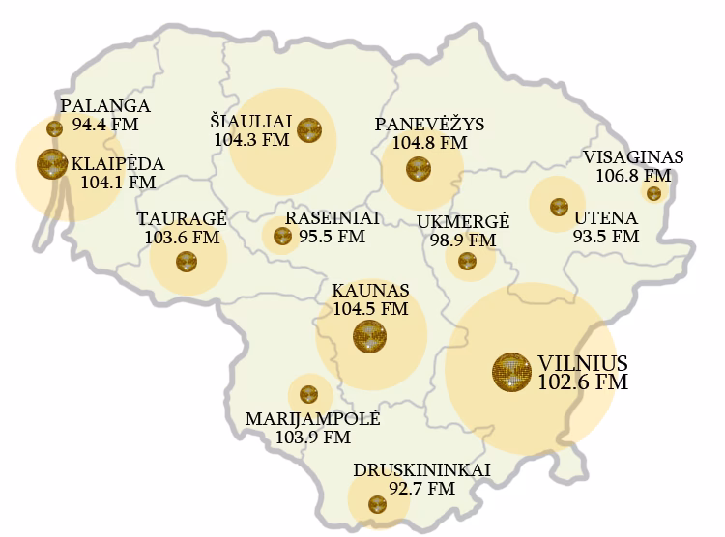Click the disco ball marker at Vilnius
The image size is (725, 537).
pyautogui.click(x=510, y=372)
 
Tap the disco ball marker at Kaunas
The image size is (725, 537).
pyautogui.click(x=369, y=336)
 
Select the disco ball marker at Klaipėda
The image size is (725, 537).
pyautogui.click(x=51, y=164)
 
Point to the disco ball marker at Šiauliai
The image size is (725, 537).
pyautogui.click(x=309, y=129)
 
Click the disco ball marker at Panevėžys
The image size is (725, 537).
pyautogui.click(x=419, y=170)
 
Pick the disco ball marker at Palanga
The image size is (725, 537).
pyautogui.click(x=55, y=127)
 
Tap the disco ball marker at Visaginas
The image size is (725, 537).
pyautogui.click(x=654, y=193)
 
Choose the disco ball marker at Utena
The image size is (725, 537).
pyautogui.click(x=559, y=207)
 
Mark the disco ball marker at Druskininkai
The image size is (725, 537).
pyautogui.click(x=378, y=503)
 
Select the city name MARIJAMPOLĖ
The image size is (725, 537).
pyautogui.click(x=313, y=419)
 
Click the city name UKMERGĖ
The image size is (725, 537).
pyautogui.click(x=463, y=222)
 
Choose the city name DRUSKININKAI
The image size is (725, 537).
pyautogui.click(x=421, y=470)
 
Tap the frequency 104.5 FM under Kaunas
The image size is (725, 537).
pyautogui.click(x=370, y=309)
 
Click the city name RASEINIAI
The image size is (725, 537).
pyautogui.click(x=333, y=217)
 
